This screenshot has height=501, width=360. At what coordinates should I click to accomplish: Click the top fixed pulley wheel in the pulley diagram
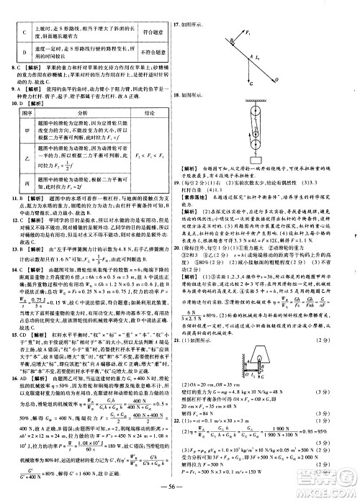[x=252, y=115]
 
